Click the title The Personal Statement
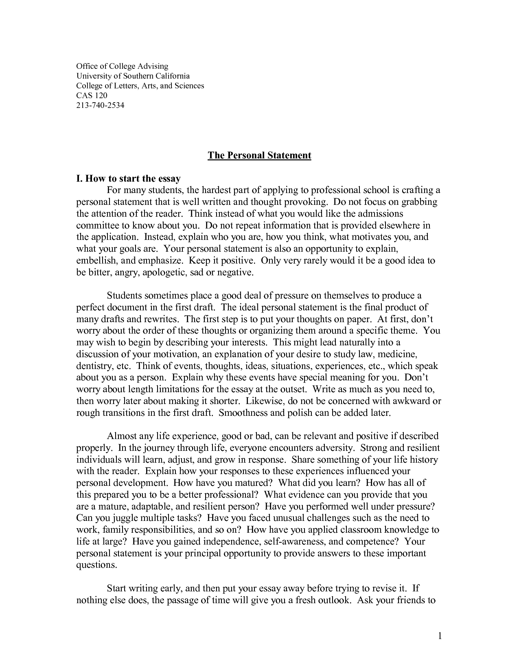[x=259, y=155]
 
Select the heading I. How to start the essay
[x=128, y=178]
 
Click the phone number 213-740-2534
[x=100, y=105]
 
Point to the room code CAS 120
[x=92, y=95]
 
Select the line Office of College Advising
[x=122, y=66]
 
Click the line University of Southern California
[x=133, y=76]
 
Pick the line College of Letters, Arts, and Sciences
[x=140, y=86]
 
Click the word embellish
[x=95, y=260]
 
